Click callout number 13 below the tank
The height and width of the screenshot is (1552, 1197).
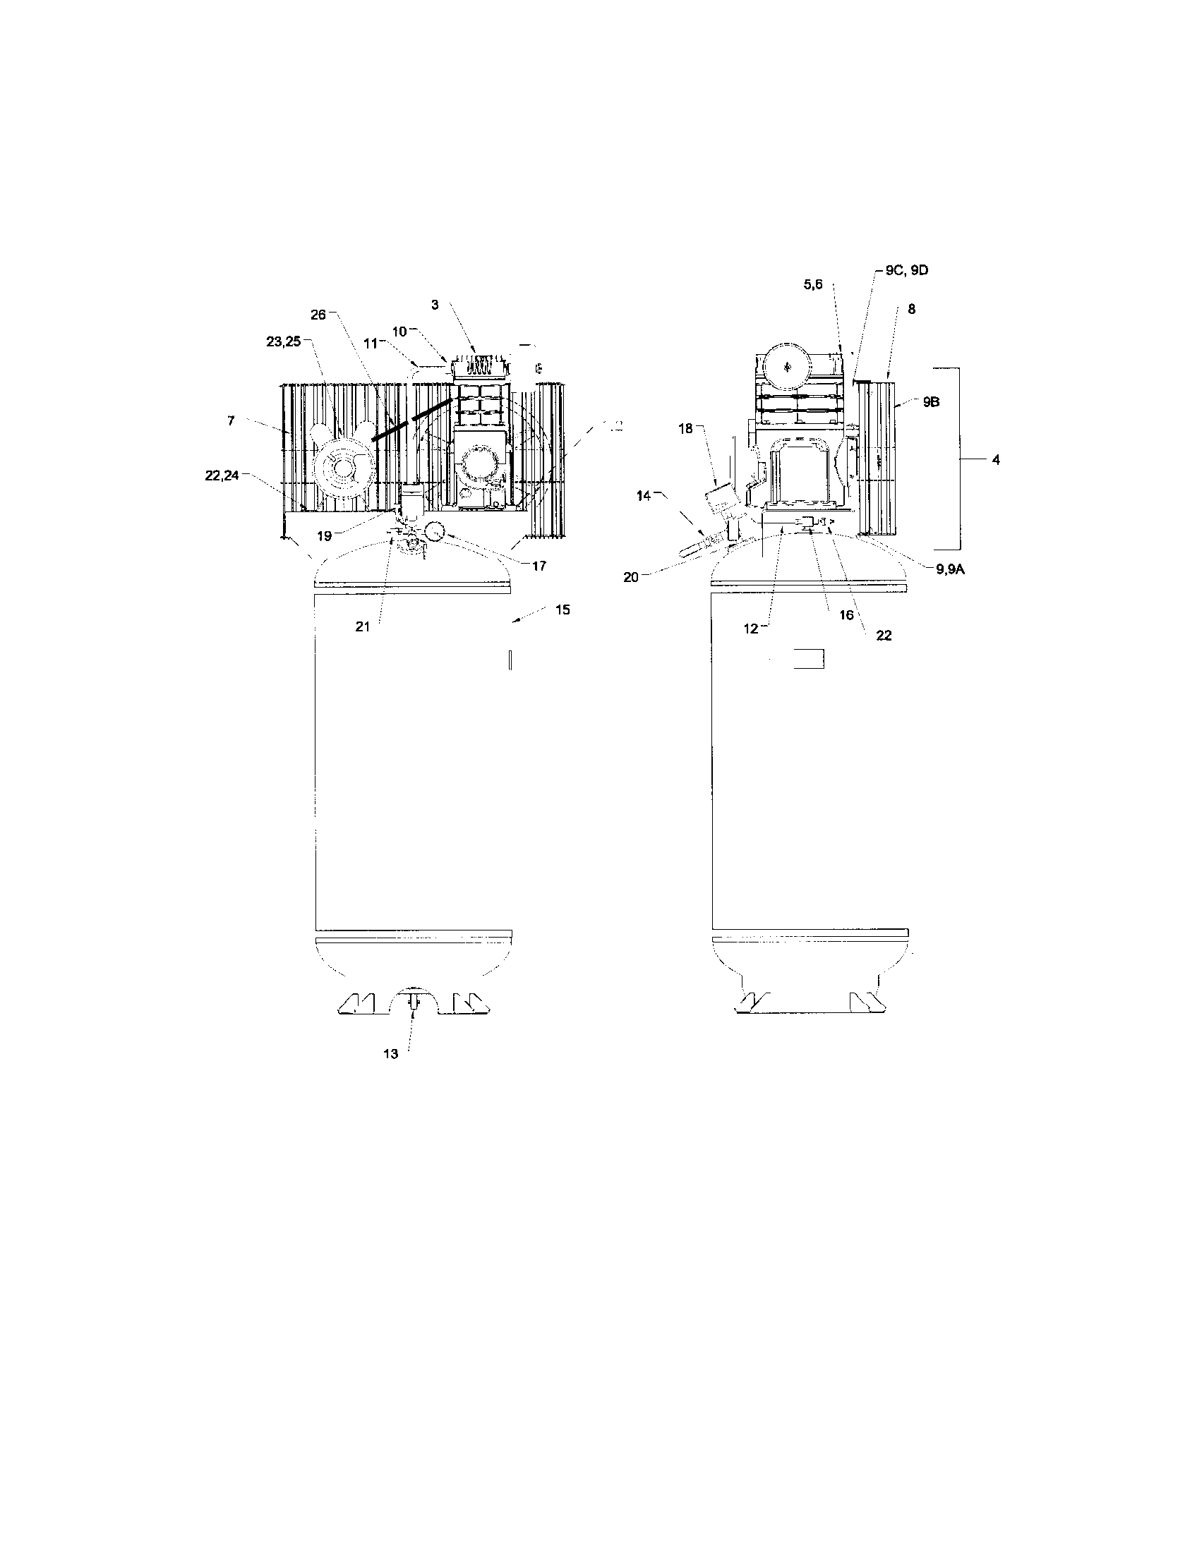391,1054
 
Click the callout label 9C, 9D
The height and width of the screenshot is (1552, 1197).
907,270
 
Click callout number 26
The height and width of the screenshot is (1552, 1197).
318,314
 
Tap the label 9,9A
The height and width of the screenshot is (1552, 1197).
951,569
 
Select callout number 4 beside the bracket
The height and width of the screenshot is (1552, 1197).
996,460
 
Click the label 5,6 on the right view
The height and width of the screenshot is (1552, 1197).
813,284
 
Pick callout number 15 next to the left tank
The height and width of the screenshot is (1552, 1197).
563,610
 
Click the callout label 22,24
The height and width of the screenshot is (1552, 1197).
222,476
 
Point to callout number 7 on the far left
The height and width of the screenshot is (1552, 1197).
231,421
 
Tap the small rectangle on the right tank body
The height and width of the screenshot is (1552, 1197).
809,659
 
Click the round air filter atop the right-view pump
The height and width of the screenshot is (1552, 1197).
787,368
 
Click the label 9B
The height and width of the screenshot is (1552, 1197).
932,401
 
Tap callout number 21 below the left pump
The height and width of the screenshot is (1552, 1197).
363,626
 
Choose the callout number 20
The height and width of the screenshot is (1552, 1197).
631,578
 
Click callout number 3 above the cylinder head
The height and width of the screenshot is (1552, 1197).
435,304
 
